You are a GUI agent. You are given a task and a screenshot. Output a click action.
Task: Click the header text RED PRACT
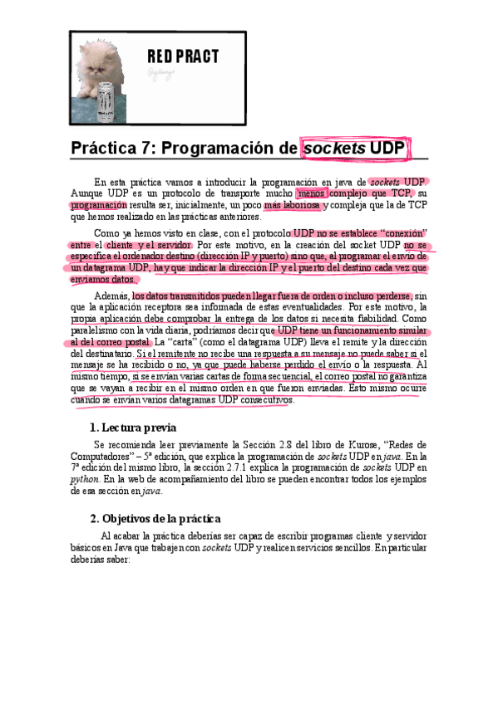click(x=183, y=56)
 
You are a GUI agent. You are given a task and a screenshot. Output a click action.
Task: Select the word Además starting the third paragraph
click(x=112, y=296)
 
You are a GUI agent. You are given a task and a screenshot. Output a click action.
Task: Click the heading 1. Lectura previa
click(x=132, y=428)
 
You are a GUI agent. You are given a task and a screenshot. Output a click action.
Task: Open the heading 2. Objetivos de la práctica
click(x=155, y=519)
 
